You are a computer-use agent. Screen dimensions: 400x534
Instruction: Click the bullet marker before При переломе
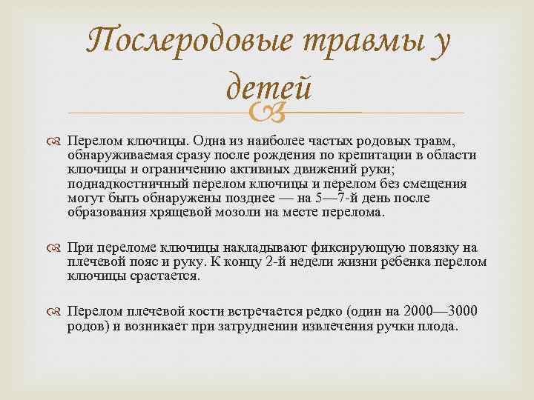click(x=56, y=247)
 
